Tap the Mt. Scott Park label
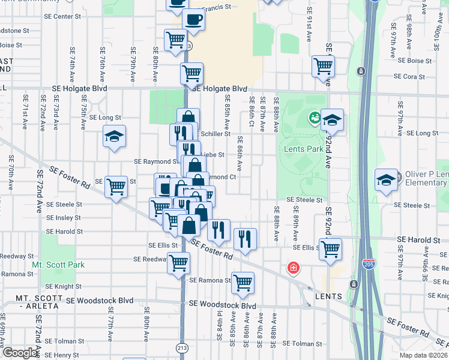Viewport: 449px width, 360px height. pos(58,265)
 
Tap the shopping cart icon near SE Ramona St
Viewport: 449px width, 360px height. pos(243,282)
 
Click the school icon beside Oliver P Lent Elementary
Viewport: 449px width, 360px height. pos(386,179)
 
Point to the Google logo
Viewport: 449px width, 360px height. pos(19,353)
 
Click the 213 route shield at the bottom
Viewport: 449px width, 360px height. pos(181,347)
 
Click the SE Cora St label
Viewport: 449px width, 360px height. pos(409,77)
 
